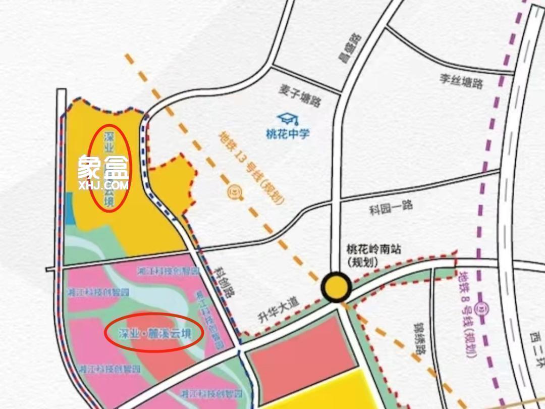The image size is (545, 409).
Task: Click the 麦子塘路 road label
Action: tap(299, 95)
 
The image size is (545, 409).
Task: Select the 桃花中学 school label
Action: tap(288, 134)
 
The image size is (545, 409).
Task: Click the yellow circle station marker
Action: tap(337, 287)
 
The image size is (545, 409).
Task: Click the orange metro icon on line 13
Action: tap(233, 191)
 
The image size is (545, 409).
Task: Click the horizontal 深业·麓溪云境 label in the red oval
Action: tap(154, 333)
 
